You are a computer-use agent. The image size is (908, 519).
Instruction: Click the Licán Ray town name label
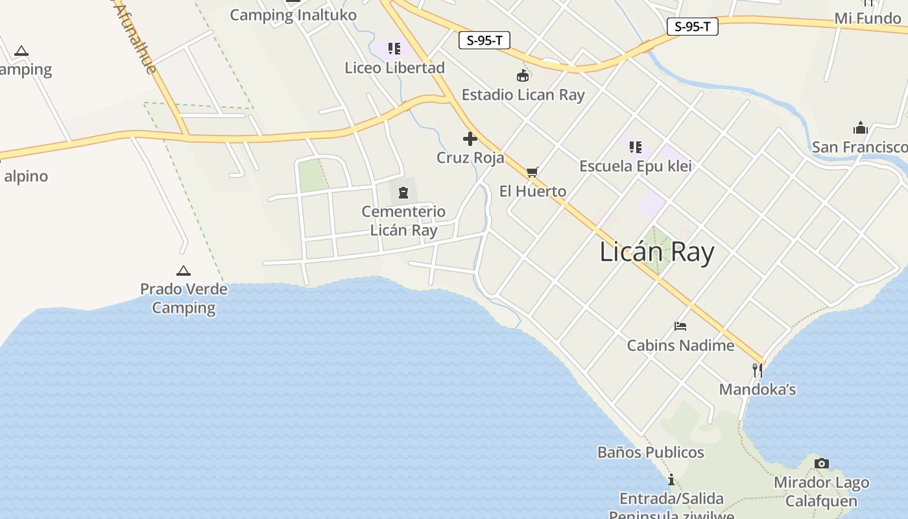656,252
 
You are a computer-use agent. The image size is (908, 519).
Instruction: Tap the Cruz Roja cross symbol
470,139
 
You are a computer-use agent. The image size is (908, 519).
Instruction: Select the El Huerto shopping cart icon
532,172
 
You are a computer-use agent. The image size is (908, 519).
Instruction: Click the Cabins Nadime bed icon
680,326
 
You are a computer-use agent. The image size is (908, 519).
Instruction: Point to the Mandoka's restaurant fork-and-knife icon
757,370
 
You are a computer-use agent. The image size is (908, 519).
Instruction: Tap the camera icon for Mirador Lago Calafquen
821,463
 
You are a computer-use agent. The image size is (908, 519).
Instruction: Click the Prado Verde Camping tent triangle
184,271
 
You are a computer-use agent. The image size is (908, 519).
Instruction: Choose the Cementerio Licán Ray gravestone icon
403,192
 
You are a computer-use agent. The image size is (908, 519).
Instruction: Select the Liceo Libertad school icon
394,49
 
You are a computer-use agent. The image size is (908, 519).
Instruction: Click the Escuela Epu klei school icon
636,147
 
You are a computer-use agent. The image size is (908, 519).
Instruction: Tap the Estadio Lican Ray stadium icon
523,76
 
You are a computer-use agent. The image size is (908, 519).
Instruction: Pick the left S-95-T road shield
484,40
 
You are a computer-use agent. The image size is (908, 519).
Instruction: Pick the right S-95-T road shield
692,27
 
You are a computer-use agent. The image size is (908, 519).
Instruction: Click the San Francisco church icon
861,127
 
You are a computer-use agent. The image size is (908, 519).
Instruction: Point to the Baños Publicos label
651,452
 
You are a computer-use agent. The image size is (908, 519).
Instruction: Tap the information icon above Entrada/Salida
671,480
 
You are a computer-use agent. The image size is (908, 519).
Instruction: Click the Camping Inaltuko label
293,15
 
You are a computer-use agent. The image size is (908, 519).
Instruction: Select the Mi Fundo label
867,18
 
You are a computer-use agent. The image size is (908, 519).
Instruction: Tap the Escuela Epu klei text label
636,166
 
